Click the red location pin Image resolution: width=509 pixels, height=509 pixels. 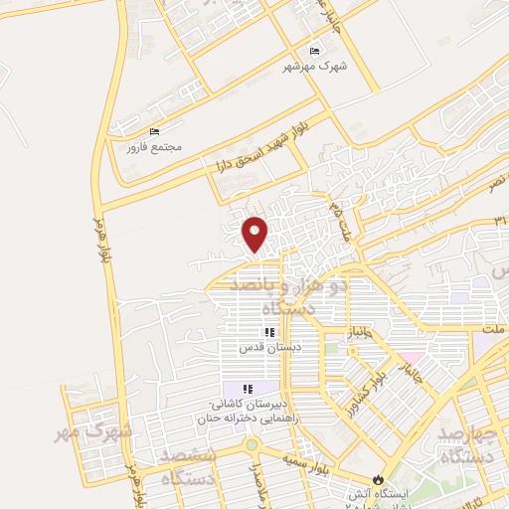pyautogui.click(x=256, y=234)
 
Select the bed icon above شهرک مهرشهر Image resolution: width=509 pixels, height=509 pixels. pyautogui.click(x=315, y=51)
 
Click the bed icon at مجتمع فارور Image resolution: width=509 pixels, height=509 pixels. pyautogui.click(x=153, y=132)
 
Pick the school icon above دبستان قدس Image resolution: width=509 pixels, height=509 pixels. pyautogui.click(x=268, y=333)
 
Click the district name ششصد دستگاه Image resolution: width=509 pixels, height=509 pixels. pyautogui.click(x=190, y=464)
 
